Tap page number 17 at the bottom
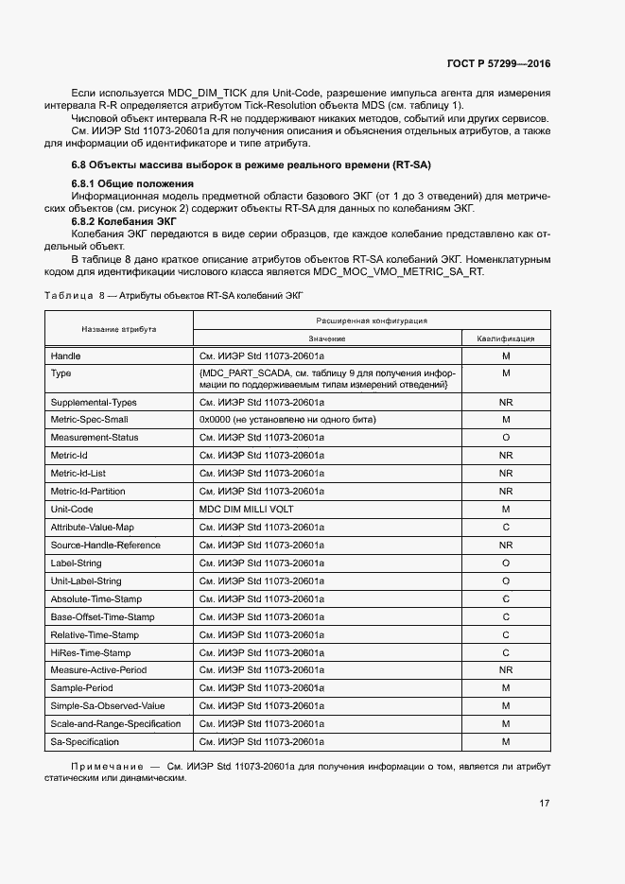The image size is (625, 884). [x=545, y=804]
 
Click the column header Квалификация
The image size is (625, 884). [x=506, y=338]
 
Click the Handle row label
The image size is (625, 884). [x=65, y=356]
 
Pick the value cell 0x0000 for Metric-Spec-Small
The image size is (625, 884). [x=287, y=419]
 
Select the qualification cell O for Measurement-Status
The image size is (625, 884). [x=506, y=437]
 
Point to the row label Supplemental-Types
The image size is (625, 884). [x=94, y=403]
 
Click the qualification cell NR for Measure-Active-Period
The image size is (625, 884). [x=506, y=670]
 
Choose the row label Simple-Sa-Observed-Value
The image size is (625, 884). [x=107, y=706]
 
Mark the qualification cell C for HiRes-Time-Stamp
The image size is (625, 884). [x=506, y=652]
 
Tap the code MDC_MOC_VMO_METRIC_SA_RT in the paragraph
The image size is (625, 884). [x=398, y=271]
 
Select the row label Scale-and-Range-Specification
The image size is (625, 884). [x=115, y=724]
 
